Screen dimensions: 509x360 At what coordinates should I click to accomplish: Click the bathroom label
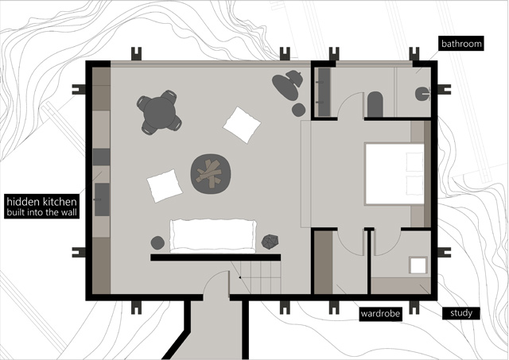(x=461, y=44)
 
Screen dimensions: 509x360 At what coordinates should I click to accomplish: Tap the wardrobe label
(x=380, y=314)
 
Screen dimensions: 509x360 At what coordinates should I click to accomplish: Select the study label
(x=461, y=313)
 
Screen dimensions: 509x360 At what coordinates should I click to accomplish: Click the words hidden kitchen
(x=41, y=202)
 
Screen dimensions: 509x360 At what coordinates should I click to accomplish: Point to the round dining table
(x=159, y=112)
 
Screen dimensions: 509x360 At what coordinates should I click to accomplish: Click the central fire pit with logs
(x=211, y=174)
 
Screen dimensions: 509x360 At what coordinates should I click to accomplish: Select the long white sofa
(x=213, y=236)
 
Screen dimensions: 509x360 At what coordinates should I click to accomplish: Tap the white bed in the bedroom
(x=394, y=174)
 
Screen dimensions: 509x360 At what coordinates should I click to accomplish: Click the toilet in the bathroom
(x=422, y=94)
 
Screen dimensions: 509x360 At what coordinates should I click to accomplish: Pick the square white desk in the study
(x=418, y=265)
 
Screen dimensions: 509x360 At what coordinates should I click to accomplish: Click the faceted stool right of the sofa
(x=270, y=242)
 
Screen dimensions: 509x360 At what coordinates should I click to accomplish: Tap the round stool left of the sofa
(x=157, y=242)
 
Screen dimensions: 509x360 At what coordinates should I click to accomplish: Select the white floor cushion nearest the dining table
(x=242, y=125)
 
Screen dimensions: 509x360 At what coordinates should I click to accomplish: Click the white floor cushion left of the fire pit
(x=165, y=186)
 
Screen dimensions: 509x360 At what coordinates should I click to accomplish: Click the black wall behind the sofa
(x=216, y=257)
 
